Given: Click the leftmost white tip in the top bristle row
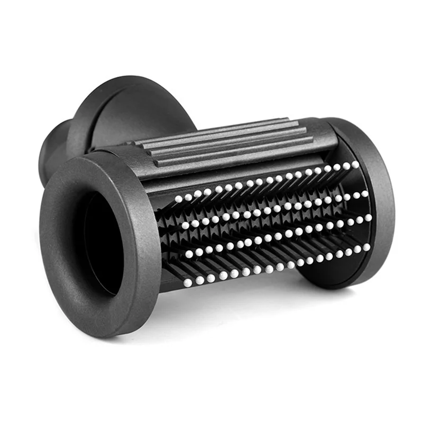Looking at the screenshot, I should point(178,199).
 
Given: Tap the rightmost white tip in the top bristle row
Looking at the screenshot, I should point(355,164).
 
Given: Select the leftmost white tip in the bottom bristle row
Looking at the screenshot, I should point(187,283).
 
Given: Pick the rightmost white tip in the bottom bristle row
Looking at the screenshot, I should point(366,246).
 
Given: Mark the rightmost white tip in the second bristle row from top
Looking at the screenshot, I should point(365,193).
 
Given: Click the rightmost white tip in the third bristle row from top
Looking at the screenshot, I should point(367,217).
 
